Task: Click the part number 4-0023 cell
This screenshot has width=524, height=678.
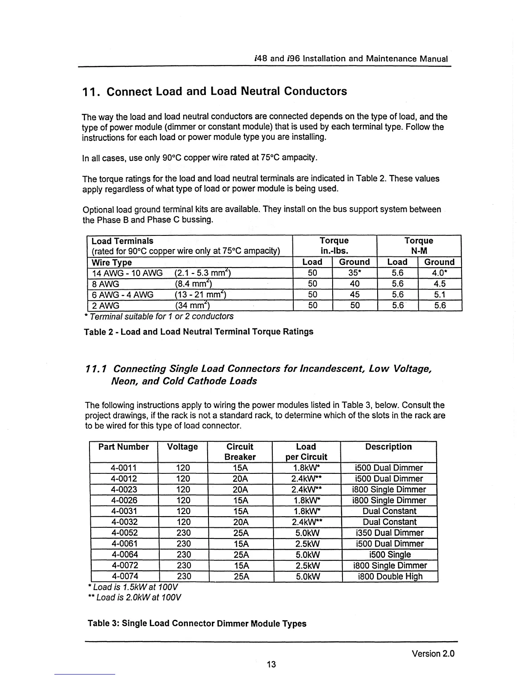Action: [x=124, y=490]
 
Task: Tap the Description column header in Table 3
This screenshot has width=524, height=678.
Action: [x=388, y=447]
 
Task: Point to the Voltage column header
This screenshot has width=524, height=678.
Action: [x=182, y=447]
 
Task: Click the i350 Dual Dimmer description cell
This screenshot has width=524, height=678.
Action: [x=389, y=533]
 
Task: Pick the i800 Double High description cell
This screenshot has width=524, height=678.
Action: [x=390, y=577]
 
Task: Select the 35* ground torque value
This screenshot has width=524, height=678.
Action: [x=354, y=273]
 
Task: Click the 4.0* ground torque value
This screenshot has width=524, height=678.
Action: [x=439, y=273]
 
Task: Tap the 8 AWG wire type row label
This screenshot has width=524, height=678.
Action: [x=106, y=284]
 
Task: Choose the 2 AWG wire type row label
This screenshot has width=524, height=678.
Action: [x=106, y=305]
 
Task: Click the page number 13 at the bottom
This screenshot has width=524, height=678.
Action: [x=271, y=664]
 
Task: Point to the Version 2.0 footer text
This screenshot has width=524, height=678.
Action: [x=433, y=654]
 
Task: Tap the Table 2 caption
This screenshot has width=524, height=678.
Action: [x=199, y=332]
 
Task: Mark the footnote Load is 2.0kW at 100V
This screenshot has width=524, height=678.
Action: [x=134, y=597]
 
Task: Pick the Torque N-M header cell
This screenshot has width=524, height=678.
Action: [x=419, y=246]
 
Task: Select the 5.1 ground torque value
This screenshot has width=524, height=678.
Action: [x=440, y=294]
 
